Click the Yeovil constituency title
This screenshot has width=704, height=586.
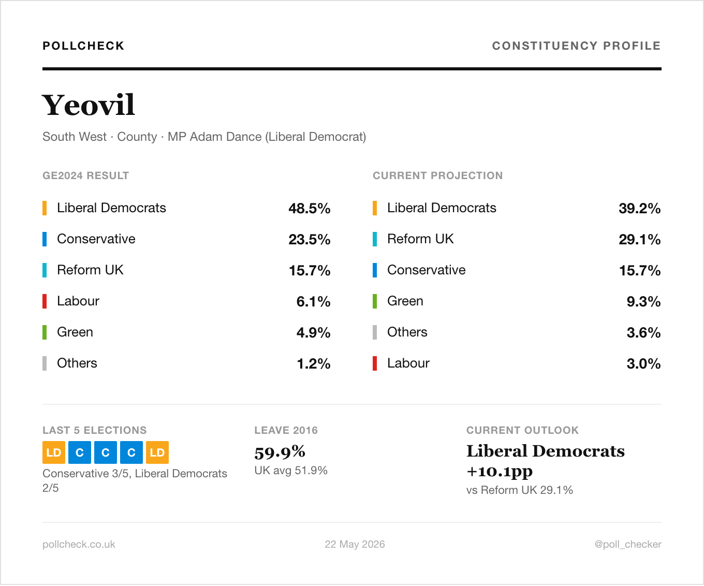(x=89, y=105)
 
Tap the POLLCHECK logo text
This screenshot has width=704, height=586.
(x=84, y=46)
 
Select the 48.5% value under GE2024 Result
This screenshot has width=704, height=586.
(x=309, y=208)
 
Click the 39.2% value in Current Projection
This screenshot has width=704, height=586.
(x=639, y=208)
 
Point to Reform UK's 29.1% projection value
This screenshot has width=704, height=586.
(x=639, y=239)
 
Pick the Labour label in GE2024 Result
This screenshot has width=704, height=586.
(x=78, y=301)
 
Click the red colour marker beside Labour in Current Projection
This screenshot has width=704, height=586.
(x=375, y=363)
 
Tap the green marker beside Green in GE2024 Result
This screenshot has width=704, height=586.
(x=45, y=332)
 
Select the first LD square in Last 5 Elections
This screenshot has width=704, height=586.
(x=54, y=452)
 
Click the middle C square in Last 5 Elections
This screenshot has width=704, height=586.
(x=106, y=452)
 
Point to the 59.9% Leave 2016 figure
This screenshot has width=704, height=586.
(x=280, y=452)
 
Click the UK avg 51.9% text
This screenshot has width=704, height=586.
(x=290, y=471)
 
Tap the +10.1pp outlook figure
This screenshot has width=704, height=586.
(x=500, y=471)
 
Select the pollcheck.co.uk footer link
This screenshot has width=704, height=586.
(x=79, y=544)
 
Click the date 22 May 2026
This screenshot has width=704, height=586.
(x=355, y=544)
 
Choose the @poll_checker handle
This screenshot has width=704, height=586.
(x=628, y=544)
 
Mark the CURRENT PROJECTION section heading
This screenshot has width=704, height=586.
(x=437, y=175)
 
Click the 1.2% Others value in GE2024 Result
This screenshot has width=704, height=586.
(x=313, y=363)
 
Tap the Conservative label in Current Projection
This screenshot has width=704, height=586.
(x=426, y=270)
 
